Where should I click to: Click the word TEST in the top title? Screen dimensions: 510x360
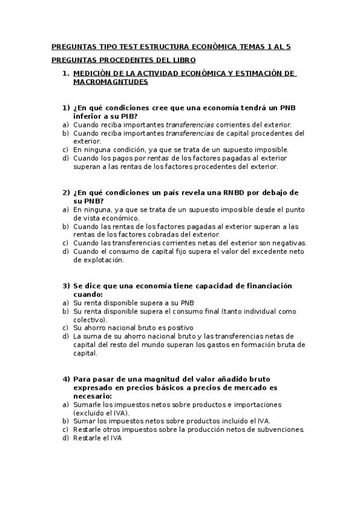pyautogui.click(x=122, y=47)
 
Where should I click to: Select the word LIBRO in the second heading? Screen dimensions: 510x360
pyautogui.click(x=182, y=60)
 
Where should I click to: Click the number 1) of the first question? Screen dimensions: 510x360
pyautogui.click(x=67, y=108)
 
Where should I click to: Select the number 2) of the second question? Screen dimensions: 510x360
pyautogui.click(x=67, y=192)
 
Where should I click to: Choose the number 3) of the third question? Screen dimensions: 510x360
pyautogui.click(x=67, y=286)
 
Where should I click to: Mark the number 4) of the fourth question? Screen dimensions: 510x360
pyautogui.click(x=67, y=379)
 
